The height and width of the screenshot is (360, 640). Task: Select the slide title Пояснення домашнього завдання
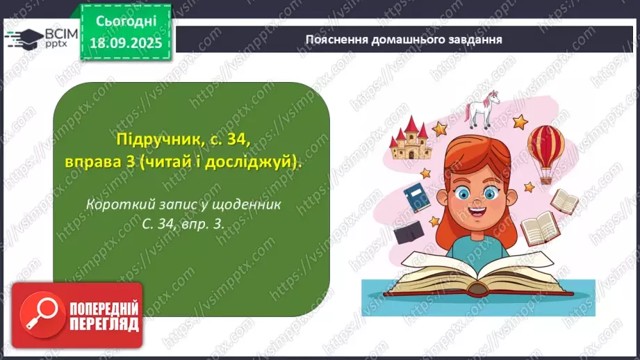point(404,39)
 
